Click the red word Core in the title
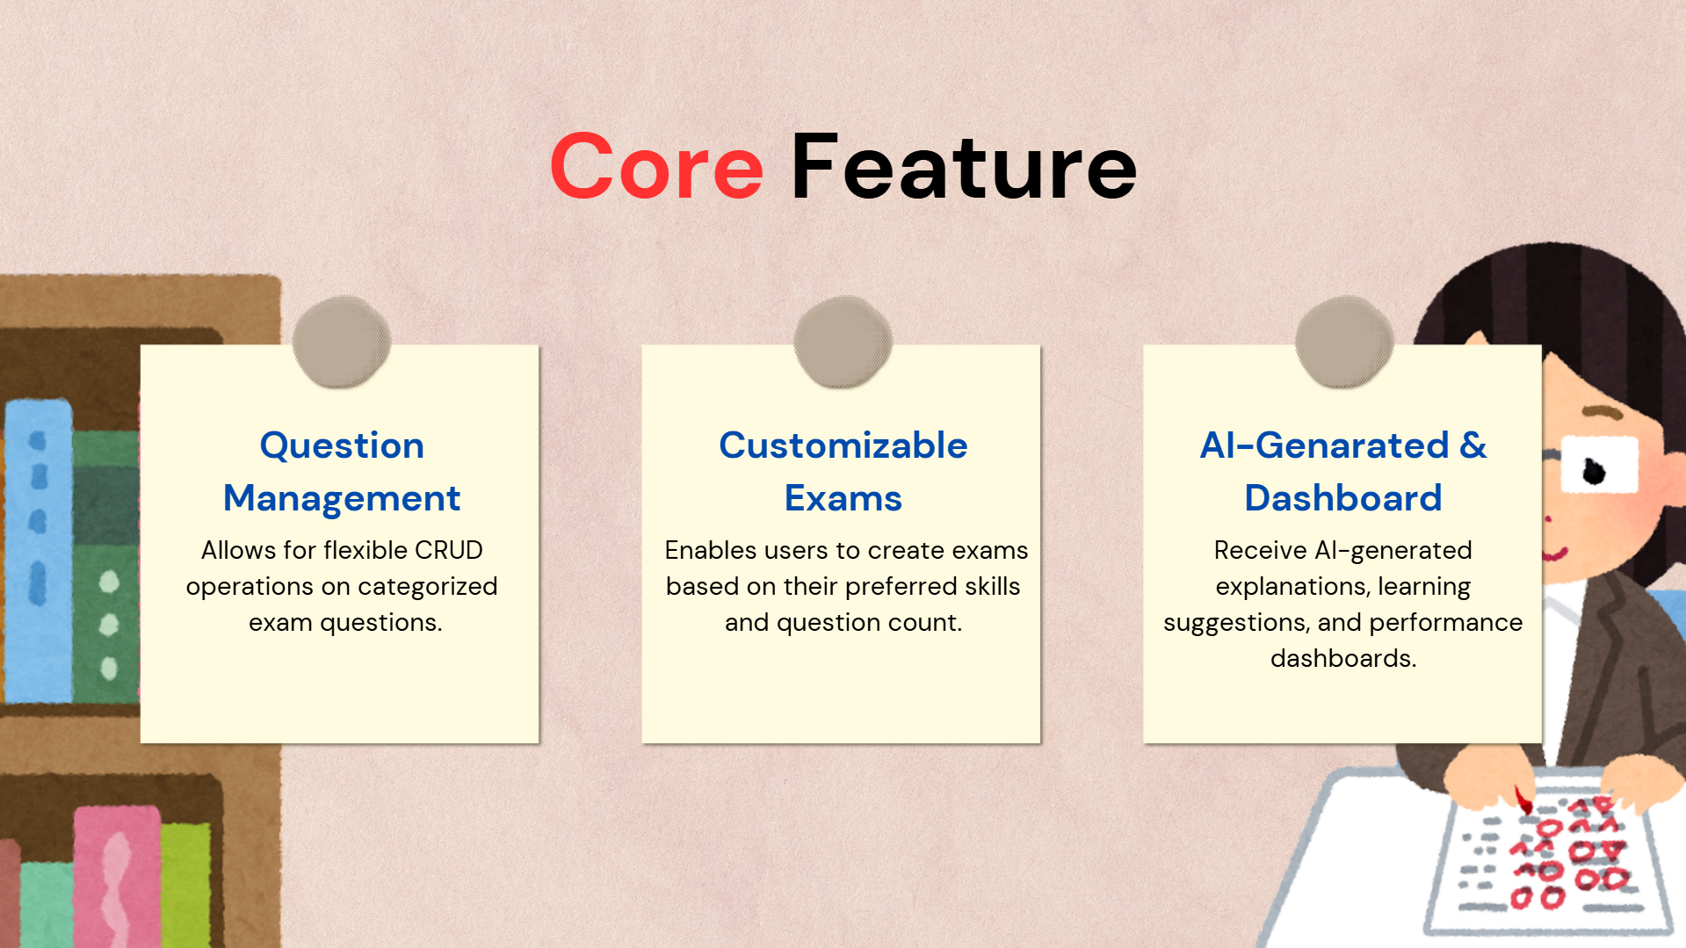pos(656,166)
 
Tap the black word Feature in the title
pos(964,166)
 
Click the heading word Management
pos(342,499)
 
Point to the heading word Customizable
pos(843,445)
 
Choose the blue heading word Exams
pos(843,498)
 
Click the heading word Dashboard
pos(1343,498)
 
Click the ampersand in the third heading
pos(1473,445)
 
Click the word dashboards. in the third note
pos(1343,658)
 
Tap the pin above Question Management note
pos(342,341)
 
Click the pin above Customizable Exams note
pos(843,341)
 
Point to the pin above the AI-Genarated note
pos(1344,341)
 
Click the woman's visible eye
pos(1594,471)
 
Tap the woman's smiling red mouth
pos(1555,554)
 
